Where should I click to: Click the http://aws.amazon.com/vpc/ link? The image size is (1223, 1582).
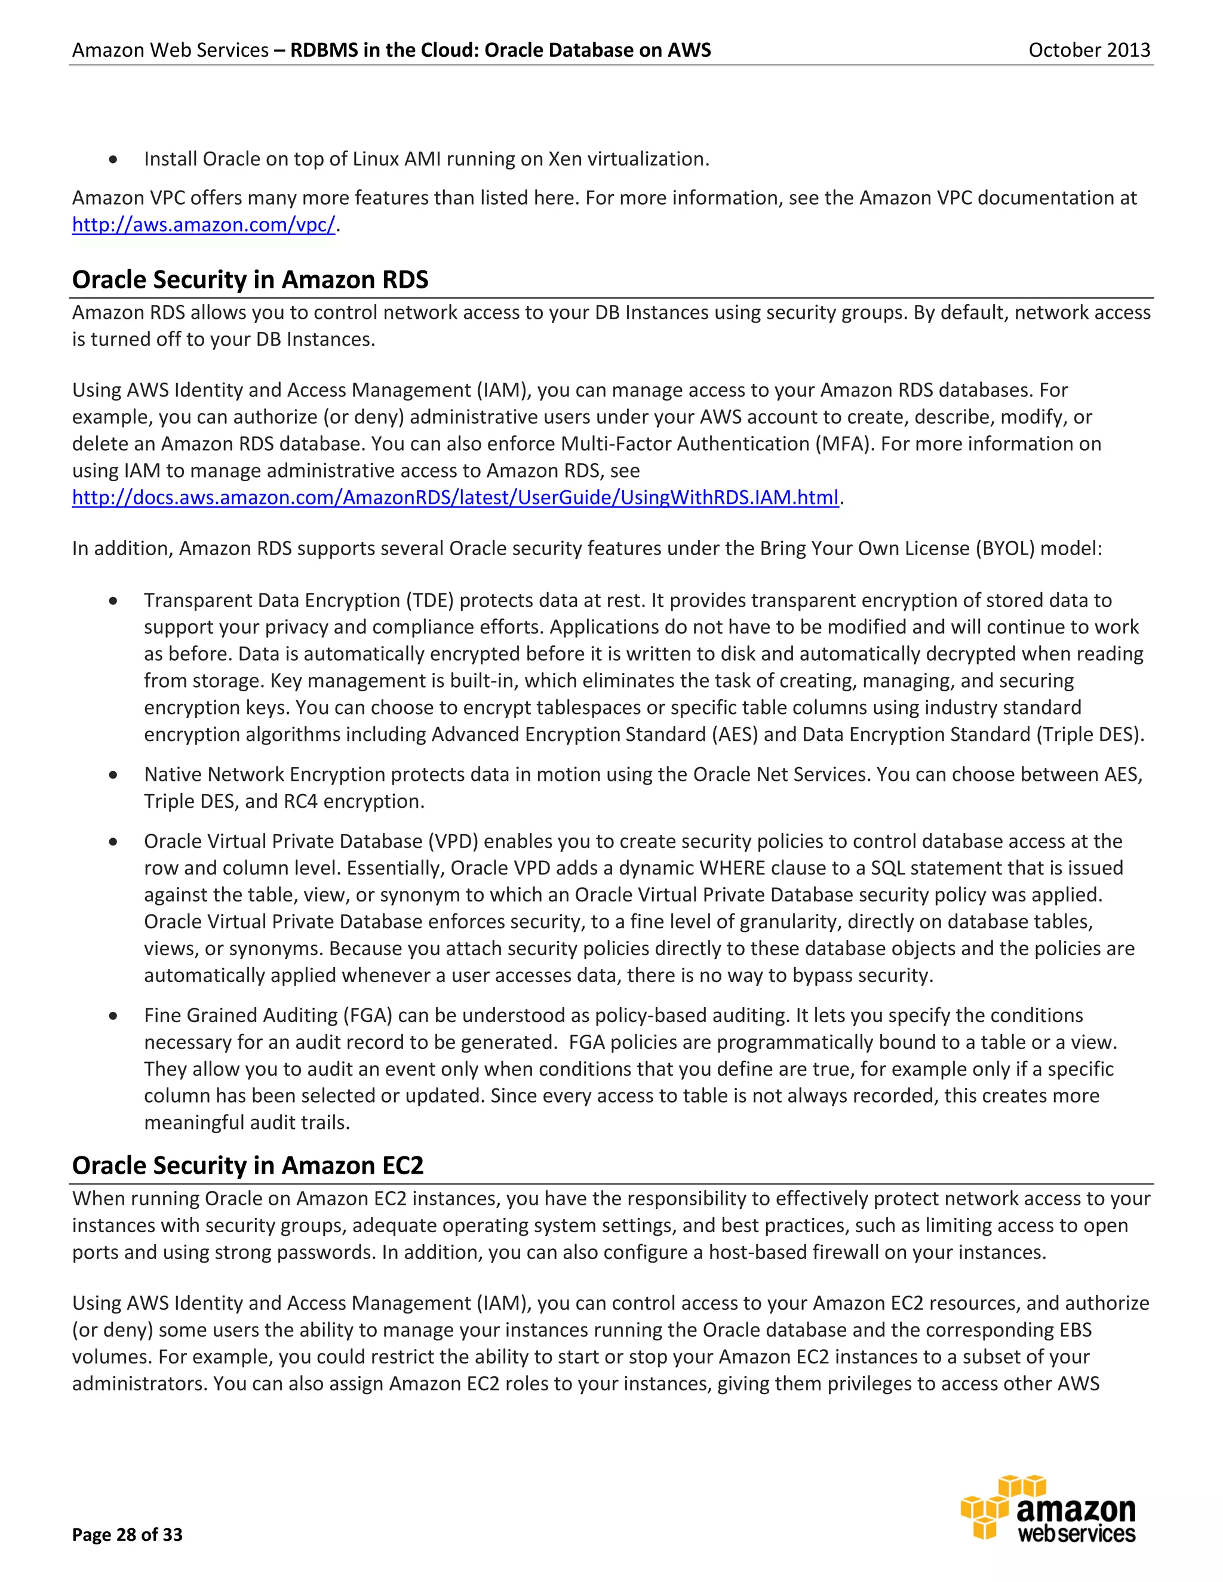pos(204,225)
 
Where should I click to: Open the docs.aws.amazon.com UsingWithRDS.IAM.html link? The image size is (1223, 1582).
pos(455,498)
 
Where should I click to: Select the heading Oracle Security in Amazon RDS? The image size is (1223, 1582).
pos(250,279)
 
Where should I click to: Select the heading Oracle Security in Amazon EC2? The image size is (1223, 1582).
pos(247,1165)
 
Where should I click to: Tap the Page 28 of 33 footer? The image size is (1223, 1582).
pos(128,1535)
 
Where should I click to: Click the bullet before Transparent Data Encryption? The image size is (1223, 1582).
pos(113,601)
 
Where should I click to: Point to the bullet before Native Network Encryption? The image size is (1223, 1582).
pos(113,775)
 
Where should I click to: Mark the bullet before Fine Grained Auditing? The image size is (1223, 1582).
pos(113,1016)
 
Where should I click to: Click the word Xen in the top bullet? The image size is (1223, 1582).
pos(565,159)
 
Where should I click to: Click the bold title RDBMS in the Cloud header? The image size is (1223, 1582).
pos(500,50)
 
